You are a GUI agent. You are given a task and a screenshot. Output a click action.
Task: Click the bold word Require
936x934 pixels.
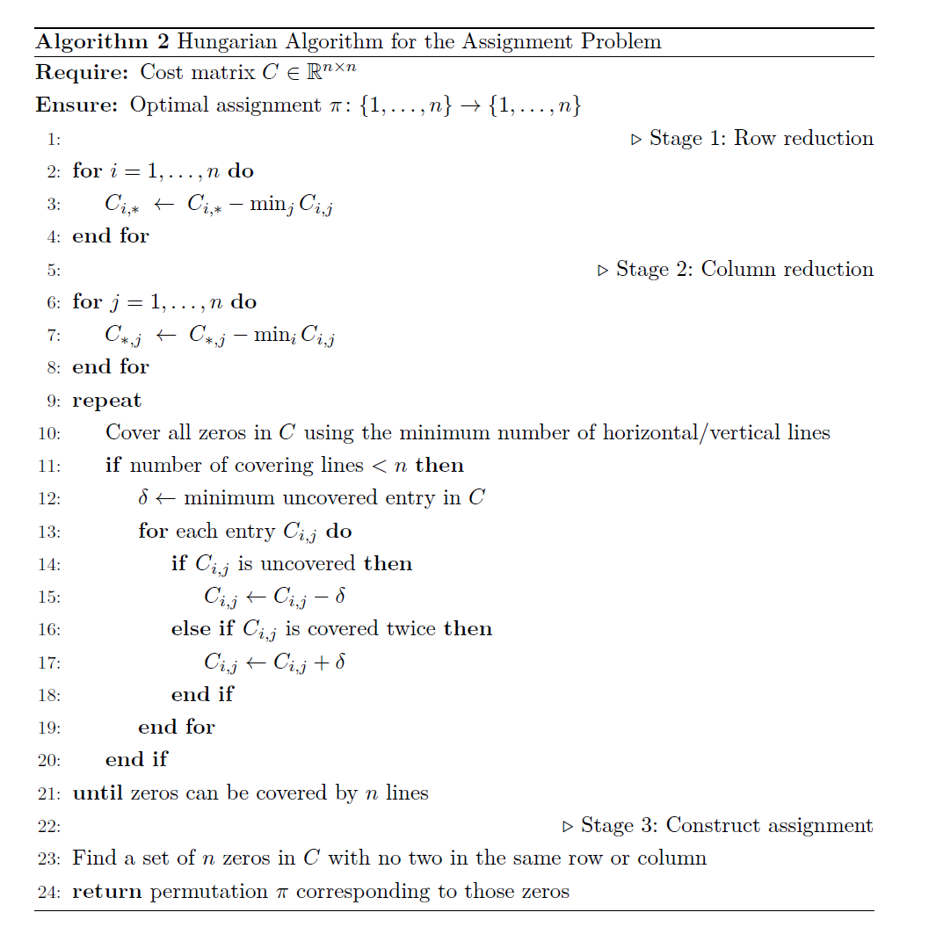click(82, 73)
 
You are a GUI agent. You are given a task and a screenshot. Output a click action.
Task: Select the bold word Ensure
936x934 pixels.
click(76, 105)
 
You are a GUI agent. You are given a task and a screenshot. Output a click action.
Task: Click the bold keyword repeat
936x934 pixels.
click(106, 401)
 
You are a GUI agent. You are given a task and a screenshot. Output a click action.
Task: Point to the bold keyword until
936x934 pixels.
click(98, 793)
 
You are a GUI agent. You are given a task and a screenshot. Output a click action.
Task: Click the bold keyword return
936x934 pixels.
click(106, 892)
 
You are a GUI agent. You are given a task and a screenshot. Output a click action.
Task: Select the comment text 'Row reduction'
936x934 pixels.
click(803, 139)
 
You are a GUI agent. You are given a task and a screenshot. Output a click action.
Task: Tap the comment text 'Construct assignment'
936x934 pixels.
click(769, 826)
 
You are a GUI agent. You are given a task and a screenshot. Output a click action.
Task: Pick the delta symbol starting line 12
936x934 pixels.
click(143, 497)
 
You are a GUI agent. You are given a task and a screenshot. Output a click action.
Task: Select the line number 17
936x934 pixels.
click(49, 662)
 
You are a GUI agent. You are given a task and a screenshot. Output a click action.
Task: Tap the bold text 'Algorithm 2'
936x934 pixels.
click(101, 41)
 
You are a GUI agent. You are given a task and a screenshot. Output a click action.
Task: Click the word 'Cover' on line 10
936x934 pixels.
click(129, 432)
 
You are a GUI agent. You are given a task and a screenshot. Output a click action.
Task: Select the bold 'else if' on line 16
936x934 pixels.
click(203, 629)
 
